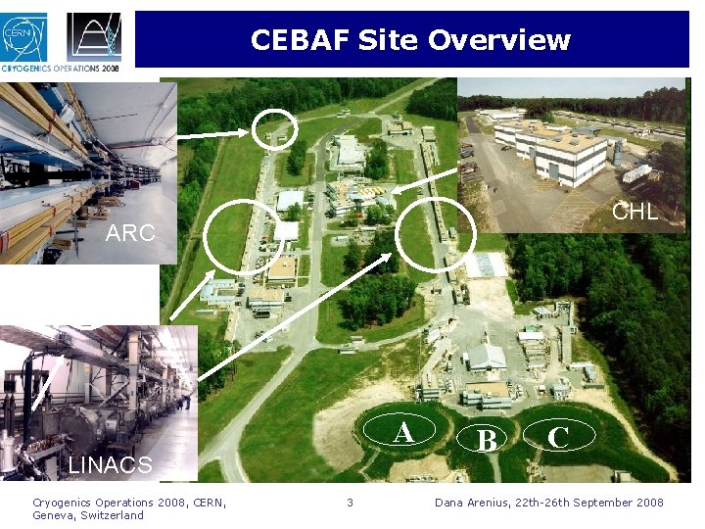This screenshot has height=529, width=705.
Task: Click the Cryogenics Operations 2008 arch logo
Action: pyautogui.click(x=94, y=36)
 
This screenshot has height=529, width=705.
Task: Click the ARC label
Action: pyautogui.click(x=130, y=233)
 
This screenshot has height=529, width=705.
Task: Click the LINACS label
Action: pyautogui.click(x=110, y=465)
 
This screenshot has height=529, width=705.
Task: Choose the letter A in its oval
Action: pyautogui.click(x=402, y=432)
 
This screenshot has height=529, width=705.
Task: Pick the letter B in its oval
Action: pyautogui.click(x=485, y=441)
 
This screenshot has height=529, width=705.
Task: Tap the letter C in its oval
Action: pyautogui.click(x=558, y=437)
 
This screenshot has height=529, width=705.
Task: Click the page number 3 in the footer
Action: pyautogui.click(x=350, y=503)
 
